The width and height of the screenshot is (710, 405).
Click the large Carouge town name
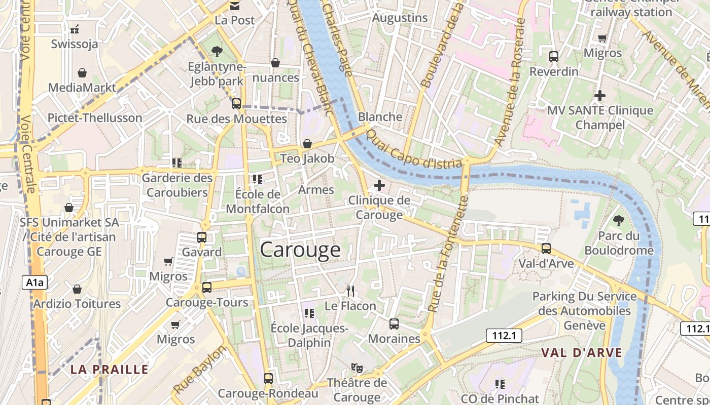[300, 250]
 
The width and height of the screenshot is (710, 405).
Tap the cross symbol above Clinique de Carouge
[379, 185]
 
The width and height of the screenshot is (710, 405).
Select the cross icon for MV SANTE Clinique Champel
[600, 95]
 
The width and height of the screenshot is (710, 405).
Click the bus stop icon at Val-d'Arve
[546, 249]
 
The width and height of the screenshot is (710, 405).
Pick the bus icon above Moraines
[394, 324]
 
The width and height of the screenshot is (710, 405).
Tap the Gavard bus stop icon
[202, 237]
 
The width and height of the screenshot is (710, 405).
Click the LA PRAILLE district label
[110, 369]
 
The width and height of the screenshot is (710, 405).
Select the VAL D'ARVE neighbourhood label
[581, 353]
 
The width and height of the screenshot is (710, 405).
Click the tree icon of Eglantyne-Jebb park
[217, 51]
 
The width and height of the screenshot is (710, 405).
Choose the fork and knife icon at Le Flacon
[350, 291]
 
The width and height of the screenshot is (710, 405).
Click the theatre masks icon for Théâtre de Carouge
[357, 368]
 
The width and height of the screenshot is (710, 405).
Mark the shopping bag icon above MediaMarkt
[82, 73]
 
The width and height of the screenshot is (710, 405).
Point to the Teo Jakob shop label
[307, 158]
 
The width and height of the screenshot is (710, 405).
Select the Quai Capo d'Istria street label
[414, 150]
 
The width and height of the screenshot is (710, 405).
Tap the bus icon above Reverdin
[554, 57]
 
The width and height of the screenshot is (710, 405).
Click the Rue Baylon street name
[200, 370]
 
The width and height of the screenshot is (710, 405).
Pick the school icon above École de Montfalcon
[257, 179]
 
